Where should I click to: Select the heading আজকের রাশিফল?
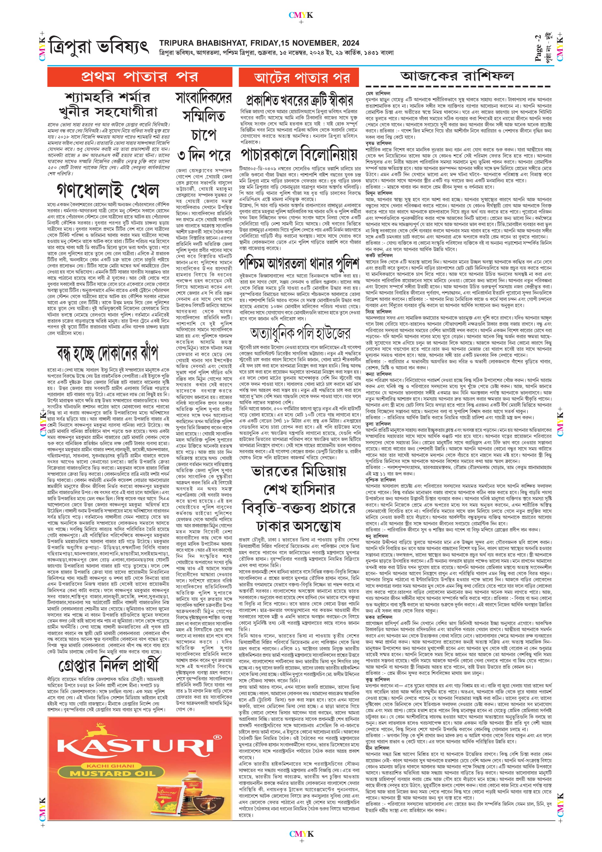point(458,77)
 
